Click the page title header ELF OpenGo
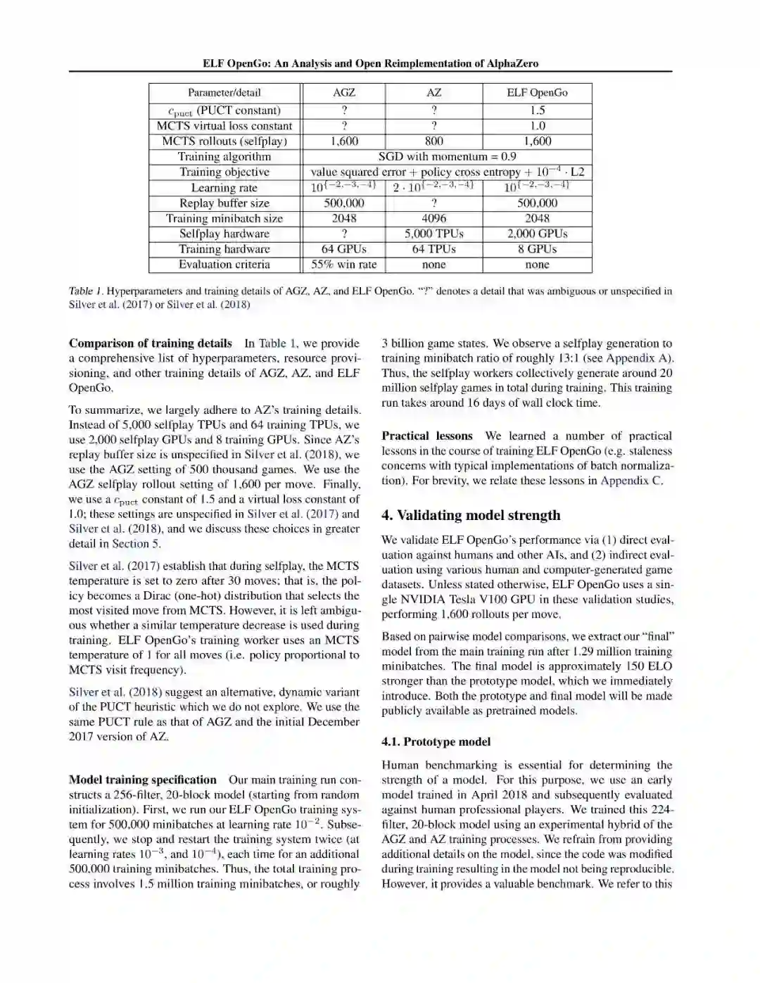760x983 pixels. click(x=370, y=63)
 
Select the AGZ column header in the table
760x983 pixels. click(x=343, y=92)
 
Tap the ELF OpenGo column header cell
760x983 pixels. click(x=537, y=92)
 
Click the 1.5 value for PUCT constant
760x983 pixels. click(x=537, y=110)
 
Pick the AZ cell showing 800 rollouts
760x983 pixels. click(x=433, y=141)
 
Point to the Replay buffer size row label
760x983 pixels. click(x=224, y=203)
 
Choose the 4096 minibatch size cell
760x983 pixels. click(x=433, y=218)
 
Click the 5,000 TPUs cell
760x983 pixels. click(x=433, y=234)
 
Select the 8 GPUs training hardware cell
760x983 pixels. click(x=537, y=249)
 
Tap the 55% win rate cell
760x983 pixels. click(x=343, y=265)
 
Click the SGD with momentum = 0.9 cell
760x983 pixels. click(x=447, y=156)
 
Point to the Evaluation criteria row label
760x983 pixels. click(x=224, y=265)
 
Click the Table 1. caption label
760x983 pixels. click(x=85, y=291)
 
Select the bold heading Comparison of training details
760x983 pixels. click(x=150, y=343)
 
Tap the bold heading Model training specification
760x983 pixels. click(x=143, y=780)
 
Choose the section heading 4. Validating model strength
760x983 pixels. click(x=471, y=515)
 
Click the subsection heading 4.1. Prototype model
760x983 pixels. click(x=436, y=742)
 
